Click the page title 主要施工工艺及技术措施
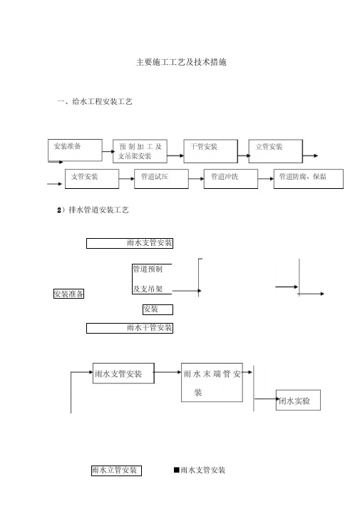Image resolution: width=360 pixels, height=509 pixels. click(181, 62)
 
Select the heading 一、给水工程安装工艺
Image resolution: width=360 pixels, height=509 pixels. click(95, 102)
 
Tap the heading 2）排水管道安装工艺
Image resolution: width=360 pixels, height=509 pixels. click(93, 210)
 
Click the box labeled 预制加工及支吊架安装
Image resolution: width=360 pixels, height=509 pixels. click(140, 151)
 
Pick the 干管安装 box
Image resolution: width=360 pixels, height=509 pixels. click(211, 151)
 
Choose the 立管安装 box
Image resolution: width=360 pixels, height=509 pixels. click(276, 151)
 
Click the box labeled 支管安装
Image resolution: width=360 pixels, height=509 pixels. click(92, 178)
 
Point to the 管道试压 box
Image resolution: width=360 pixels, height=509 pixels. click(161, 178)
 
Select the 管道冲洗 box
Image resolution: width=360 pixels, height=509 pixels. click(231, 178)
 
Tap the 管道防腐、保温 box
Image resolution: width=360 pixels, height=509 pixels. click(309, 178)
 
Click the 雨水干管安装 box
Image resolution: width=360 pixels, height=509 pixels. click(130, 328)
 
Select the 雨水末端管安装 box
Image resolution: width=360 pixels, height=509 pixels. click(212, 382)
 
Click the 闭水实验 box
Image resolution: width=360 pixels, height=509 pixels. click(298, 400)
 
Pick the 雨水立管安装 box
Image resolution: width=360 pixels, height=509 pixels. click(116, 471)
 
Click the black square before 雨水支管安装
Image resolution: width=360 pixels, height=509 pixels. click(177, 470)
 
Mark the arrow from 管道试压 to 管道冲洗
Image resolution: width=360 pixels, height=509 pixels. click(196, 178)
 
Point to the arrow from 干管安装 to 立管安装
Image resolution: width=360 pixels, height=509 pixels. click(243, 156)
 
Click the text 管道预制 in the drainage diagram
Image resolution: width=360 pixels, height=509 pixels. click(148, 269)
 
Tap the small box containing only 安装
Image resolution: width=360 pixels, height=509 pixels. click(158, 309)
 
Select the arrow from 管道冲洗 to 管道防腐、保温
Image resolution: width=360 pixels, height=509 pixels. click(266, 178)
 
